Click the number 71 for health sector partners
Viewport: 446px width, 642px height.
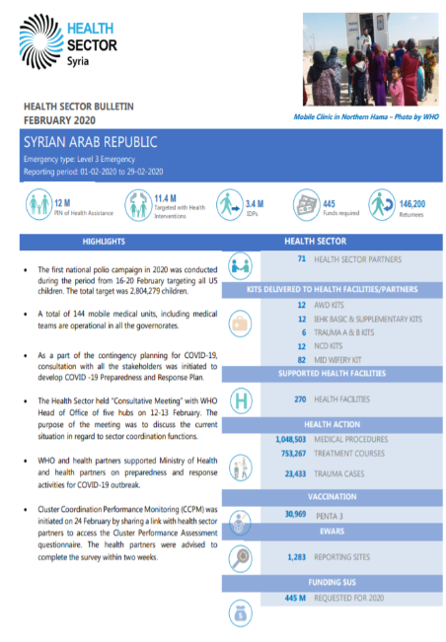point(301,259)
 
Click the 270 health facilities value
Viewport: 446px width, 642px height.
point(300,398)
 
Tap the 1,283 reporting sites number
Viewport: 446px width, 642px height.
point(295,557)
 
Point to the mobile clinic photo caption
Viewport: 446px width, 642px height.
point(366,116)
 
